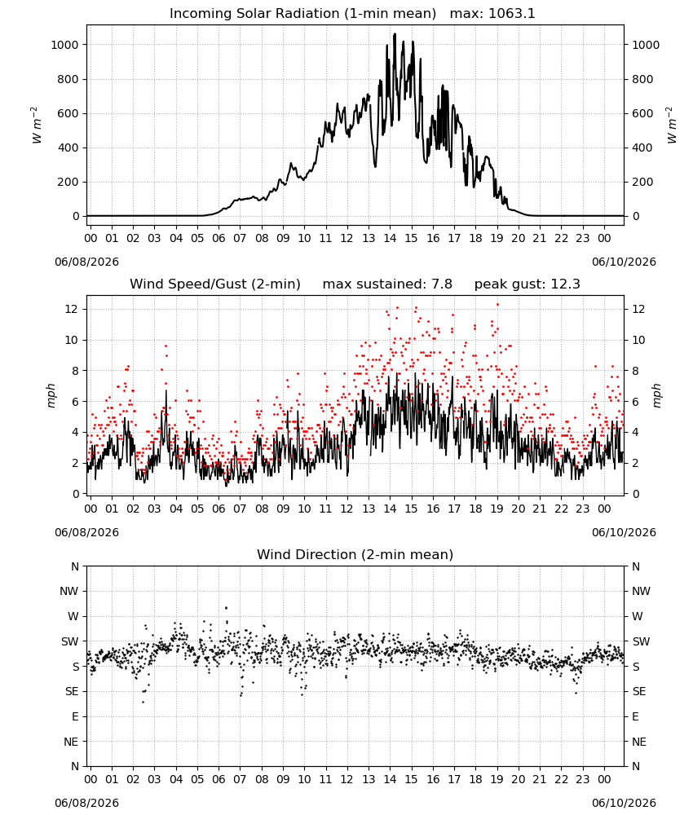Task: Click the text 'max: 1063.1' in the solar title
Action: pyautogui.click(x=492, y=14)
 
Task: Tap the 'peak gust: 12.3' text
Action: pyautogui.click(x=527, y=284)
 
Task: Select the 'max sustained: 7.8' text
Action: pyautogui.click(x=387, y=284)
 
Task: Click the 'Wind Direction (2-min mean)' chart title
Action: pyautogui.click(x=355, y=554)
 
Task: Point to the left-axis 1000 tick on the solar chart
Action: pyautogui.click(x=64, y=45)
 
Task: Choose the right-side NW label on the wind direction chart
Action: pyautogui.click(x=641, y=592)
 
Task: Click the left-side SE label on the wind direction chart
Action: pyautogui.click(x=72, y=692)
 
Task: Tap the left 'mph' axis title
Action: pyautogui.click(x=51, y=395)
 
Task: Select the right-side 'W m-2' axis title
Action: pyautogui.click(x=671, y=126)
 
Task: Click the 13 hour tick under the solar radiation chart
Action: pyautogui.click(x=369, y=239)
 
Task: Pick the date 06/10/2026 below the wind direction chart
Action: pyautogui.click(x=624, y=803)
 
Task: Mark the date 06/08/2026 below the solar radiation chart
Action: pyautogui.click(x=86, y=262)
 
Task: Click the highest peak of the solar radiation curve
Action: pyautogui.click(x=395, y=34)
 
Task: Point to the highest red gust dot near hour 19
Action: pyautogui.click(x=497, y=305)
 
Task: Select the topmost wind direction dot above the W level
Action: pyautogui.click(x=226, y=608)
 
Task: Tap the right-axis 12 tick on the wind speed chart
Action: pyautogui.click(x=638, y=309)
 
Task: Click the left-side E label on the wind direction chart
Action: pyautogui.click(x=75, y=716)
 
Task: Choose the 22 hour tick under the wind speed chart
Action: pyautogui.click(x=561, y=509)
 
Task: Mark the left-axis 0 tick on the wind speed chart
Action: pyautogui.click(x=77, y=495)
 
